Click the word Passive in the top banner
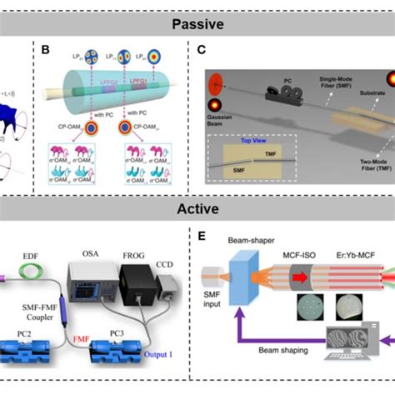[197, 22]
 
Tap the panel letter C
[201, 49]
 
